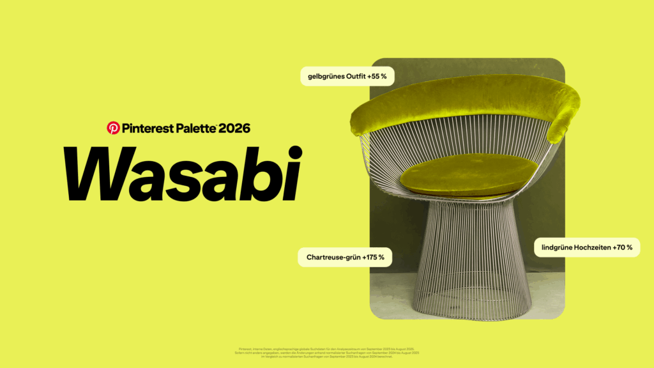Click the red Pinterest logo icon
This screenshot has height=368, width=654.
(x=113, y=128)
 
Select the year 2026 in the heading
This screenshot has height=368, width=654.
(x=234, y=128)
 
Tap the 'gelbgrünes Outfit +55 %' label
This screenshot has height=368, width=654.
(x=347, y=77)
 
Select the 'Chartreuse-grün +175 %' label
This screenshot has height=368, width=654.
(x=345, y=257)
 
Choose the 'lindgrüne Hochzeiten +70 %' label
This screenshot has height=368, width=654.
(x=586, y=247)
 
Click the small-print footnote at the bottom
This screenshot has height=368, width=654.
(x=326, y=352)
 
